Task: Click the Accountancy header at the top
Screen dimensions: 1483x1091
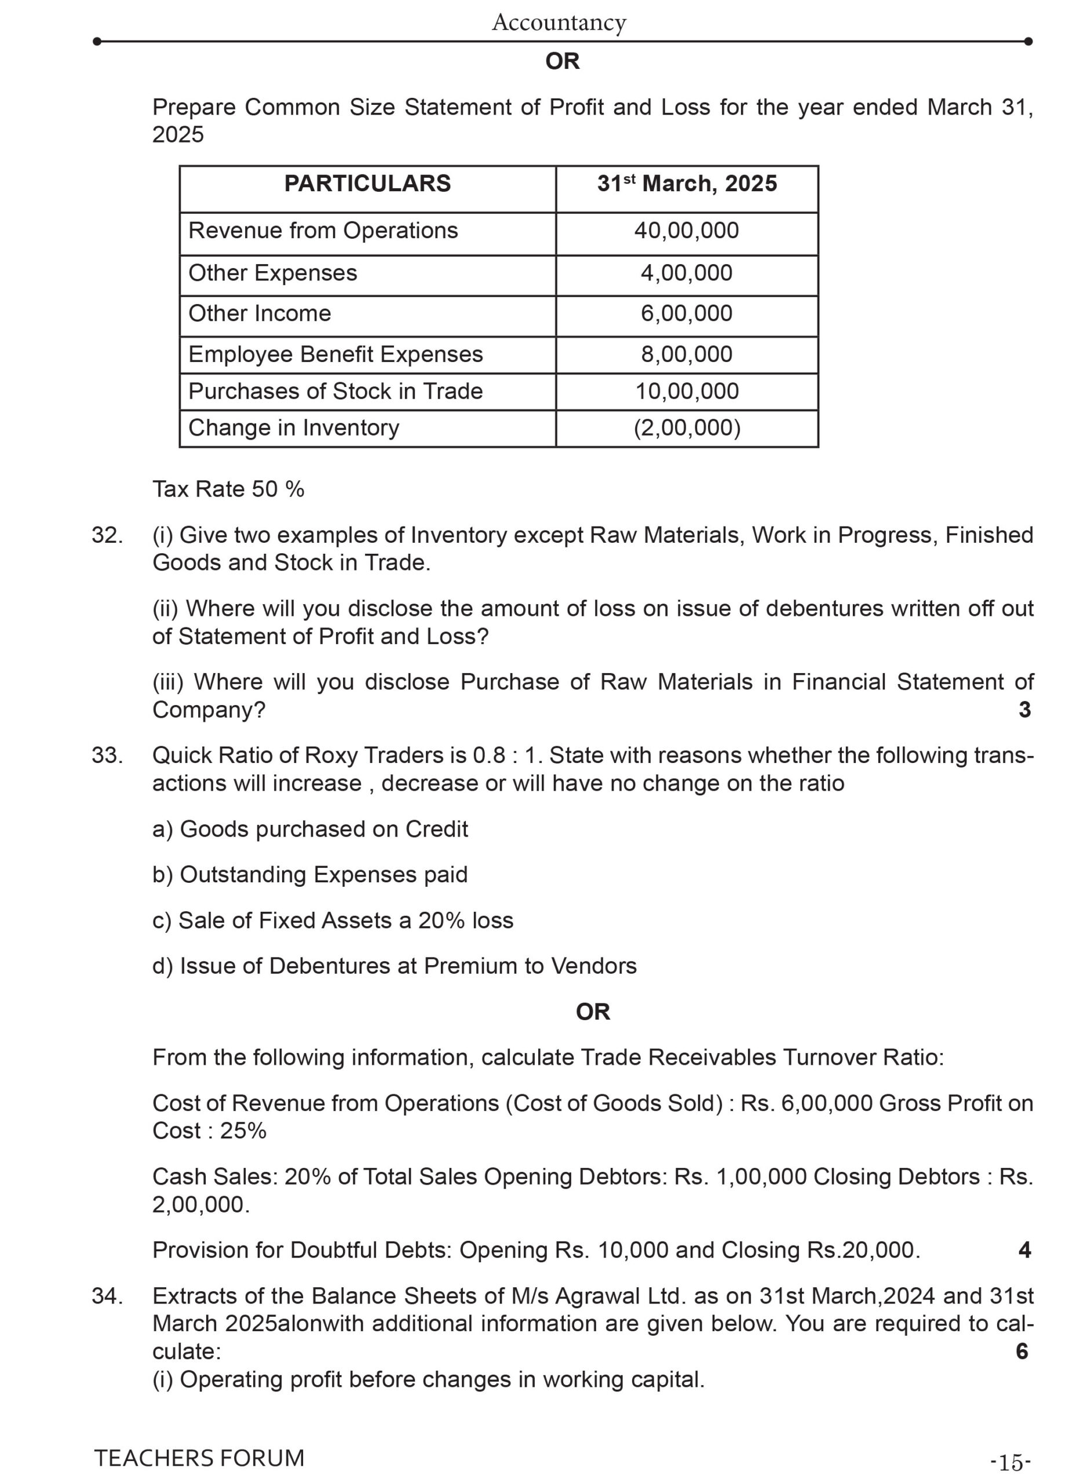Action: [559, 23]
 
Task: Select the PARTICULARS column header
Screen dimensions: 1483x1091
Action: [367, 184]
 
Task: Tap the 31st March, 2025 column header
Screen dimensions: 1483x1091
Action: [687, 184]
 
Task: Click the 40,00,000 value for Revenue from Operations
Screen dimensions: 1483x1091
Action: [686, 231]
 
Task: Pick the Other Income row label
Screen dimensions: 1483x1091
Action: [260, 313]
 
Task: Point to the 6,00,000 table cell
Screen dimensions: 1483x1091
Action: [686, 313]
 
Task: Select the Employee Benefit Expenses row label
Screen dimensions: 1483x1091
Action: [335, 355]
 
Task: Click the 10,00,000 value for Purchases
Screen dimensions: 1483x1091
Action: [686, 392]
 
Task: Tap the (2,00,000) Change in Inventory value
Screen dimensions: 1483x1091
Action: [687, 428]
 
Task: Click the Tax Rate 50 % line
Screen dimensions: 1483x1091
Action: [228, 490]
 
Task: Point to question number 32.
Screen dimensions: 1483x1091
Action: [107, 535]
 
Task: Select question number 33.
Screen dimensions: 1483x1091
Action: [107, 755]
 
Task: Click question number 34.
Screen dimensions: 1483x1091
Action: [107, 1296]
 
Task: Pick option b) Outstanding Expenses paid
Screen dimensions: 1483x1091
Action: [310, 875]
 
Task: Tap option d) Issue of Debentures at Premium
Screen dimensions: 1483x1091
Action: [394, 966]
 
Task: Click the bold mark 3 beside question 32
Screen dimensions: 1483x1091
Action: [1024, 710]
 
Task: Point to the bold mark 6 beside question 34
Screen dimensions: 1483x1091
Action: [1021, 1351]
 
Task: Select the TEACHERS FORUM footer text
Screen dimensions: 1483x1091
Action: [199, 1458]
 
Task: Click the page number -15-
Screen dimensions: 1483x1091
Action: [1010, 1463]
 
